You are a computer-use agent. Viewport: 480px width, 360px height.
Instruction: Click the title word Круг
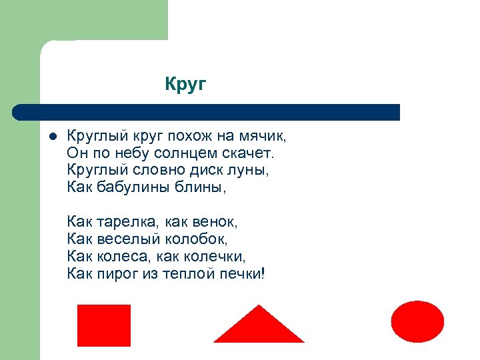[x=186, y=85]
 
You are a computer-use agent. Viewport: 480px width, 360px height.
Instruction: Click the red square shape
[x=104, y=325]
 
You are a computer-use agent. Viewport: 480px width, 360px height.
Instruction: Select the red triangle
[x=259, y=327]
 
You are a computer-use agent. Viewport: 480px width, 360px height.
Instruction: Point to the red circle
[x=417, y=321]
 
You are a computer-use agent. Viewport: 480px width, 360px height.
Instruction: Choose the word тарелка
[x=124, y=221]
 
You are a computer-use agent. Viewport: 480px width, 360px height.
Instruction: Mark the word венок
[x=217, y=221]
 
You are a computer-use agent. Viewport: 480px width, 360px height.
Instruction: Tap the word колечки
[x=216, y=255]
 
